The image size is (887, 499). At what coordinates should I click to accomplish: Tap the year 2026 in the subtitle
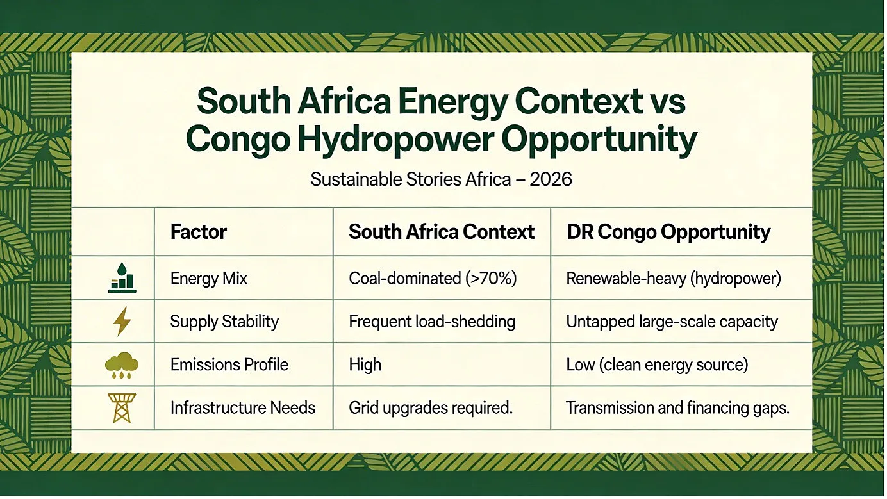point(551,179)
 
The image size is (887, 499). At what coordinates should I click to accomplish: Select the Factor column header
point(199,232)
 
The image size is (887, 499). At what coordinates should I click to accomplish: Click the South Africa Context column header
point(442,232)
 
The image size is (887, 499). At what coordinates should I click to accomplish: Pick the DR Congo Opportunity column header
point(668,233)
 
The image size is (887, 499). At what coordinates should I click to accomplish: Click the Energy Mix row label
point(209,279)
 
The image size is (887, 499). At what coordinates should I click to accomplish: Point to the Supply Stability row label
point(224,322)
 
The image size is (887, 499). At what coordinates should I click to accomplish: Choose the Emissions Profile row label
point(229,364)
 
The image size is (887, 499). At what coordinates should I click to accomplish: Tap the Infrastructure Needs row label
point(243,407)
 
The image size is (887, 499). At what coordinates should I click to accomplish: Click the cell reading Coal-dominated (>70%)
point(433,279)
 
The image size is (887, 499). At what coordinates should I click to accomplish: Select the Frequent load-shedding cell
point(432,322)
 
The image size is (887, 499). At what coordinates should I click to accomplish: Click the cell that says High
point(365,365)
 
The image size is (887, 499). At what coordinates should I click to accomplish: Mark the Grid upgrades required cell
point(431,408)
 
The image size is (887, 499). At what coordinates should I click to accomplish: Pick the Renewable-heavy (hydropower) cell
point(674,279)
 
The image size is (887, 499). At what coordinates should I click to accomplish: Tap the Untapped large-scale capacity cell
point(672,322)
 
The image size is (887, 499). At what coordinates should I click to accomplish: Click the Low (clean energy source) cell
point(657,365)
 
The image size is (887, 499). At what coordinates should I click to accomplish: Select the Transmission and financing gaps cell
point(677,408)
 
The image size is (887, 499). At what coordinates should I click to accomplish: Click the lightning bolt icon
point(122,322)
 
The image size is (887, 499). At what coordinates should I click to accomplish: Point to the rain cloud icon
point(122,365)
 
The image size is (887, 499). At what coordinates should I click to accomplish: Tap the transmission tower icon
point(122,408)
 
